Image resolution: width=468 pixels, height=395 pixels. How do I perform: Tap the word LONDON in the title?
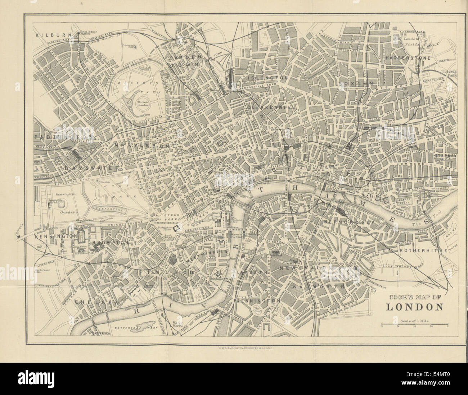[414, 307]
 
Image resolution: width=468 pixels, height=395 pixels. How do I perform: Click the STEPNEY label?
[445, 156]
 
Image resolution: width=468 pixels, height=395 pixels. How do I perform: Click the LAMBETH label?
[253, 272]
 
